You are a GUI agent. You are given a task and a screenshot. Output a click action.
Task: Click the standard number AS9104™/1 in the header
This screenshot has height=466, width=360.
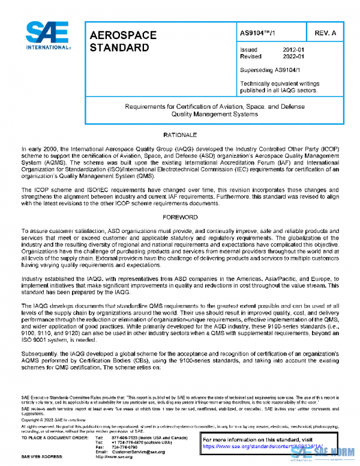[x=258, y=32]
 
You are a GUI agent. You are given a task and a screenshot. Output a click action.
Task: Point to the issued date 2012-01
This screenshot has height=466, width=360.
[x=293, y=50]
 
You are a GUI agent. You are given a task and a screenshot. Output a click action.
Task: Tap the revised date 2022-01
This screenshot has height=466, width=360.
[x=293, y=56]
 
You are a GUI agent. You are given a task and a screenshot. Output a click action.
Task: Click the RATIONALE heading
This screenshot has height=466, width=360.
[x=180, y=135]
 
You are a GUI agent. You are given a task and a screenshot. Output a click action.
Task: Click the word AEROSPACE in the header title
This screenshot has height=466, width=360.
[x=123, y=35]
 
